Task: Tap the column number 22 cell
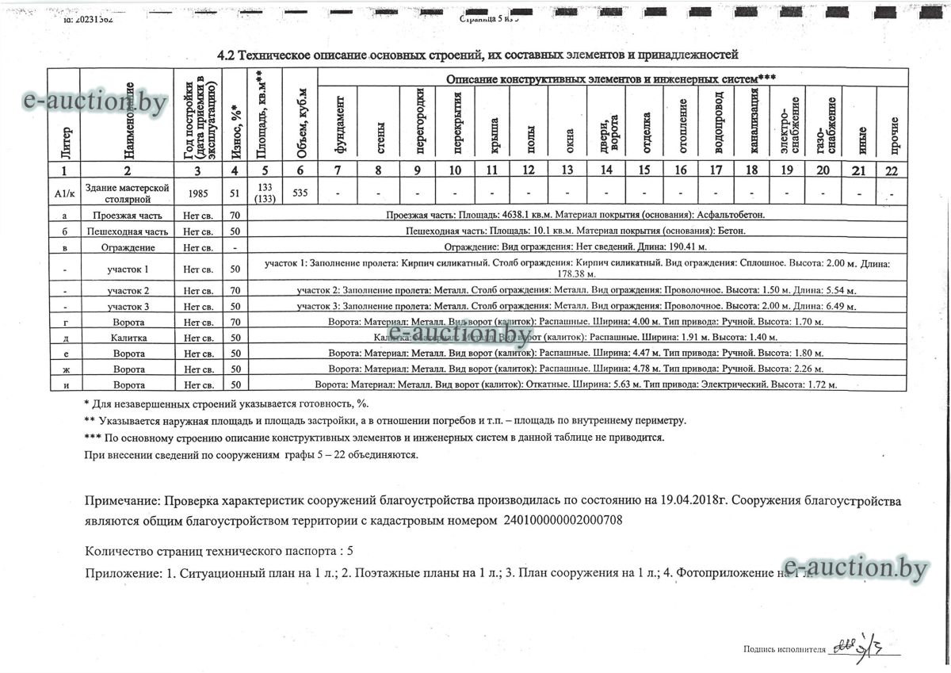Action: [892, 170]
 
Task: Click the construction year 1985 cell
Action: [198, 193]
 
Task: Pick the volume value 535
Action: [300, 193]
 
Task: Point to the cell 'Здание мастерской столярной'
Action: [127, 193]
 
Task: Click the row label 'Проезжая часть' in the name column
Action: [127, 215]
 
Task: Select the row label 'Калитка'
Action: [127, 338]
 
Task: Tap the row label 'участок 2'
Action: [127, 291]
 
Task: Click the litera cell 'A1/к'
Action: [63, 193]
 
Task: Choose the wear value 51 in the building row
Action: [235, 193]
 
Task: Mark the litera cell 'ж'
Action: [63, 369]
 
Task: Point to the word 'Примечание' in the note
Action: [120, 502]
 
